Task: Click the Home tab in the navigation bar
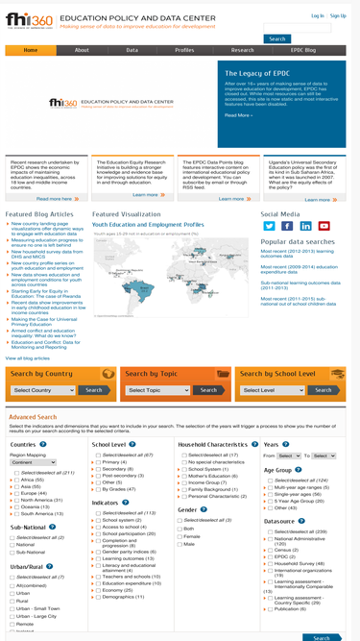click(31, 50)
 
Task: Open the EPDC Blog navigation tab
click(303, 50)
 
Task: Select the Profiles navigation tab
click(184, 50)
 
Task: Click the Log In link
click(318, 15)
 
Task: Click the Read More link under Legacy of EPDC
click(238, 115)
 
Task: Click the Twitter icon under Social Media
click(270, 226)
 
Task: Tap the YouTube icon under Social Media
click(324, 226)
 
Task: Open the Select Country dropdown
click(43, 390)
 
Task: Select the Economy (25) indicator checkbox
click(98, 590)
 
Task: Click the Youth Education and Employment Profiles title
click(148, 224)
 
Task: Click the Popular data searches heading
click(298, 241)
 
